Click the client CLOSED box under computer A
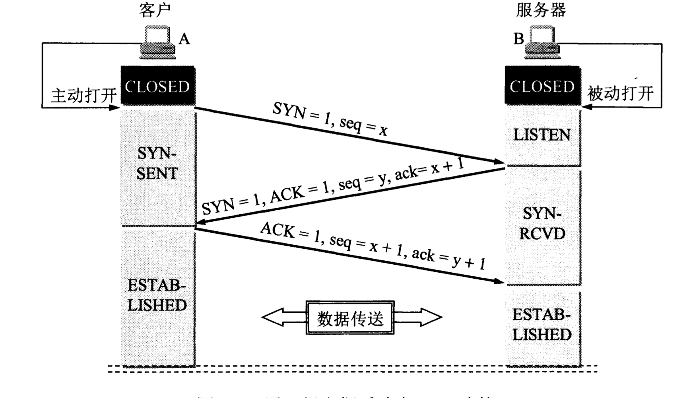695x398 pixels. pyautogui.click(x=158, y=86)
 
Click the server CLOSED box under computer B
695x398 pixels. pyautogui.click(x=542, y=86)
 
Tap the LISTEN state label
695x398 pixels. pyautogui.click(x=542, y=135)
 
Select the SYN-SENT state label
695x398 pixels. pyautogui.click(x=157, y=164)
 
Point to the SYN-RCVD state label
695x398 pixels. pyautogui.click(x=542, y=224)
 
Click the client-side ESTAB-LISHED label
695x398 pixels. pyautogui.click(x=157, y=295)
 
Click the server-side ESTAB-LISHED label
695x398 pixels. pyautogui.click(x=542, y=325)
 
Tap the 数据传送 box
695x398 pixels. pyautogui.click(x=350, y=318)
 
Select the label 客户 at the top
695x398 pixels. pyautogui.click(x=155, y=10)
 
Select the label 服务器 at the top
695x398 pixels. pyautogui.click(x=541, y=10)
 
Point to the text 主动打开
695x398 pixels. pyautogui.click(x=84, y=96)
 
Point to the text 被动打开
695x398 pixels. pyautogui.click(x=620, y=94)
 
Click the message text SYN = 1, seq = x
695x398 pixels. pyautogui.click(x=330, y=119)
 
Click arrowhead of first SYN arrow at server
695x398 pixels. pyautogui.click(x=499, y=162)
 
